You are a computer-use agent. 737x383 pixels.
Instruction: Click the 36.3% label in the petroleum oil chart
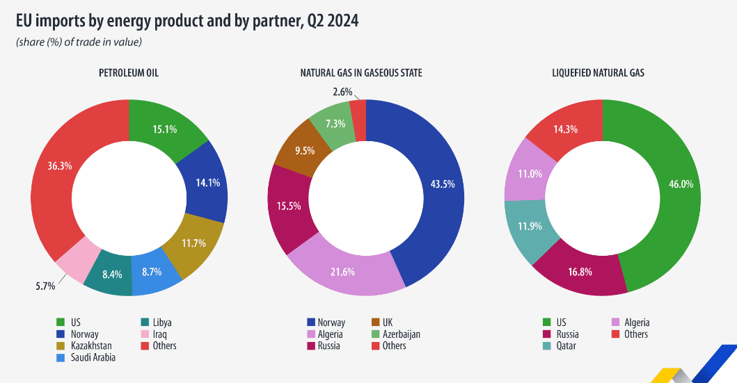click(x=59, y=167)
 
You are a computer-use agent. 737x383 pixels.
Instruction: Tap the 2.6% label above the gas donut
click(x=342, y=92)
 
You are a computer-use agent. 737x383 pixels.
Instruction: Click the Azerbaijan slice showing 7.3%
click(x=333, y=123)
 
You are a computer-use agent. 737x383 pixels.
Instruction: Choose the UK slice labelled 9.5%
click(x=304, y=149)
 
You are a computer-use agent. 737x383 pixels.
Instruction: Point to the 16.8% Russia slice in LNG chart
click(x=580, y=272)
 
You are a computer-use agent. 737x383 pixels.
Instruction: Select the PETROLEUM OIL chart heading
click(x=129, y=72)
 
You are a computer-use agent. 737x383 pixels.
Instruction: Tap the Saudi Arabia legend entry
click(x=93, y=357)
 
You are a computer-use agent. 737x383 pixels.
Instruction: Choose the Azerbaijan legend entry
click(x=401, y=334)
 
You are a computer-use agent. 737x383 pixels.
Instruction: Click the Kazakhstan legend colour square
click(x=61, y=345)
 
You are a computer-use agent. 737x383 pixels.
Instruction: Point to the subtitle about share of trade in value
click(x=79, y=43)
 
